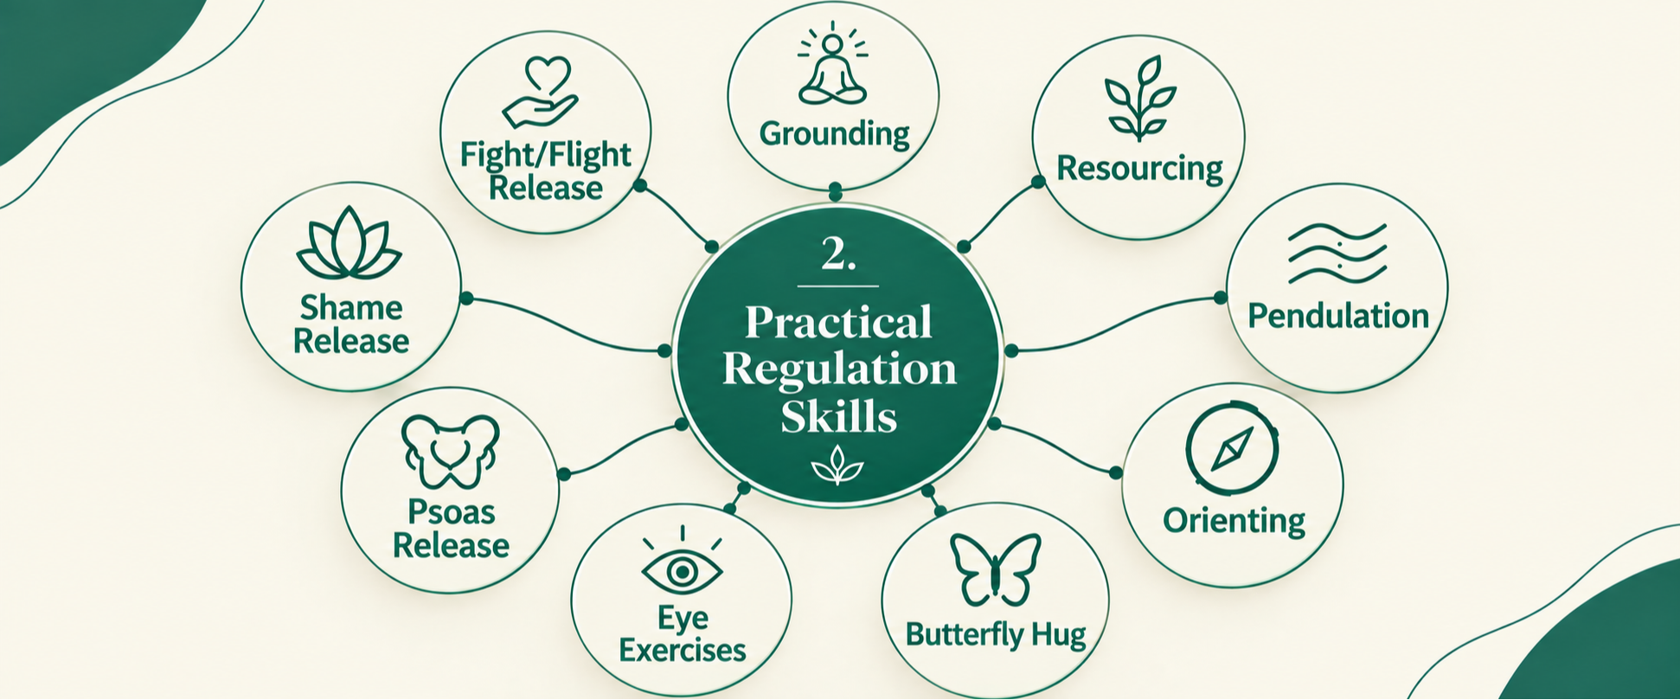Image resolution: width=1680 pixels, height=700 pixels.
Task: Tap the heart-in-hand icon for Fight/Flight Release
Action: coord(541,93)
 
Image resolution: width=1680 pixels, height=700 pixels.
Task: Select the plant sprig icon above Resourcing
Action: coord(1139,98)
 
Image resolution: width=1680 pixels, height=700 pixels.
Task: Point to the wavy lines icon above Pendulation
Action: coord(1337,254)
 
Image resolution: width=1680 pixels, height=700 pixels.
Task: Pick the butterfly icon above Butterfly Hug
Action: coord(995,568)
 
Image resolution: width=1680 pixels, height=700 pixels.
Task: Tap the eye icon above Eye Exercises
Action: coord(682,563)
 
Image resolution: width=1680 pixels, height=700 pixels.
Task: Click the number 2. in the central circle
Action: coord(837,254)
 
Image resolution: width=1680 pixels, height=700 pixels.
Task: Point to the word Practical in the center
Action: coord(838,322)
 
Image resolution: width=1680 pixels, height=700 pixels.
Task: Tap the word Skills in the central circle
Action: coord(838,416)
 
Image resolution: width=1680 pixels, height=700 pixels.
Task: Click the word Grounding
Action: coord(834,134)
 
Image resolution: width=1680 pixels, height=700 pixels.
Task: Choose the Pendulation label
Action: coord(1337,316)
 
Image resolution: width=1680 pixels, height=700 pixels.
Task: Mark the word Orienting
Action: coord(1234,521)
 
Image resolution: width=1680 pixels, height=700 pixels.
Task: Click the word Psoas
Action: coord(451,512)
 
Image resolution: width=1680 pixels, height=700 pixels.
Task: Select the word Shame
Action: coord(351,308)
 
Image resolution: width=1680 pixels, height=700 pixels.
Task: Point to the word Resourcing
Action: coord(1139,169)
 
